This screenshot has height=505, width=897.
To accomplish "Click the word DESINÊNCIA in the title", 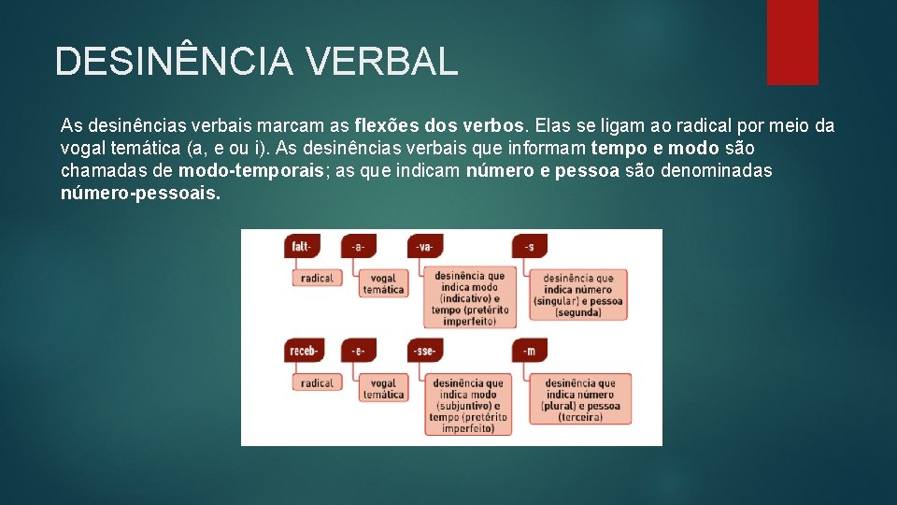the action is pos(174,62).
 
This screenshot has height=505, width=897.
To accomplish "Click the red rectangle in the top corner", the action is pos(792,42).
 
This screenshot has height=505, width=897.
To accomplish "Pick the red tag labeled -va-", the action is pos(425,246).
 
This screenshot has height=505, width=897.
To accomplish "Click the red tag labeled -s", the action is pos(530,246).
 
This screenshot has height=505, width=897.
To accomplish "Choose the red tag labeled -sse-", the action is pos(425,351).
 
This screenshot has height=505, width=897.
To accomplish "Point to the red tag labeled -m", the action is pos(530,351).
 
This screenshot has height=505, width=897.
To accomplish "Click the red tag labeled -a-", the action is pos(358,246).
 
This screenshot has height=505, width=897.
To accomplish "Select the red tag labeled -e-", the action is pos(358,351).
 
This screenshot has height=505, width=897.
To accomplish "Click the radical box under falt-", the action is pos(318,278).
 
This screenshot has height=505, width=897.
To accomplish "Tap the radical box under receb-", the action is pos(318,382).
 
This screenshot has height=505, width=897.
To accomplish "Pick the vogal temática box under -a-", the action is pos(383,283).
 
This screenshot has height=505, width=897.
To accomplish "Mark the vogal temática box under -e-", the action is pos(383,388).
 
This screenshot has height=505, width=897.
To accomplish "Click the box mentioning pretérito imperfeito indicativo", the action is pos(470,298).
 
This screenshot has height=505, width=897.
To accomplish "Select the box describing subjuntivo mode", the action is pos(470,405).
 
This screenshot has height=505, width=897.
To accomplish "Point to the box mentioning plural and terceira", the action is pos(580,399).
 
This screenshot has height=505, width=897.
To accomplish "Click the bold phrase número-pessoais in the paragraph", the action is pos(141,195).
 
